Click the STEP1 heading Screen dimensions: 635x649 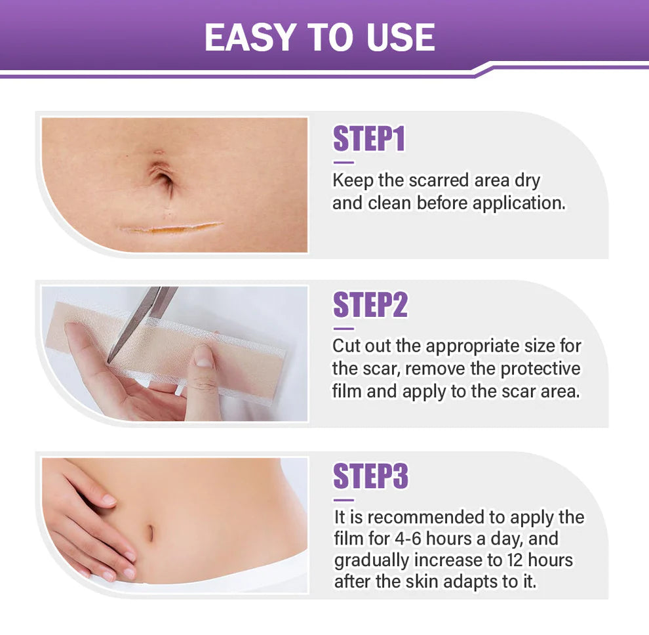[x=369, y=139]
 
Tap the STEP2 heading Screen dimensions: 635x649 [x=370, y=305]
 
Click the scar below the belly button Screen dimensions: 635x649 [x=172, y=228]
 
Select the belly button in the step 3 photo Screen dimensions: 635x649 [x=150, y=533]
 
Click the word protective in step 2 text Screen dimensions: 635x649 [x=541, y=369]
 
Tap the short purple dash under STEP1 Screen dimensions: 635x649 [x=343, y=162]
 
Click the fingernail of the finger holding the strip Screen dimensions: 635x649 [x=203, y=358]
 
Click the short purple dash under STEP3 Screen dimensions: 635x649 [x=343, y=499]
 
